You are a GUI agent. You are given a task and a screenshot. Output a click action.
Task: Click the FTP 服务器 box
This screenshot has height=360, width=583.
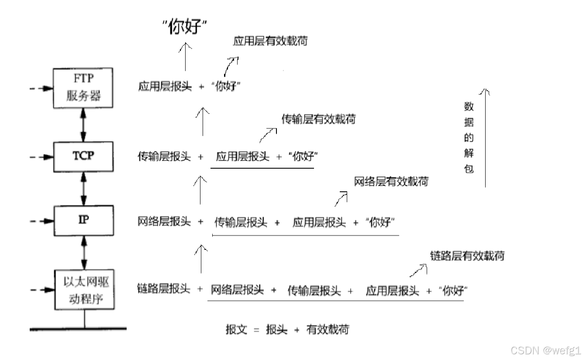pos(83,88)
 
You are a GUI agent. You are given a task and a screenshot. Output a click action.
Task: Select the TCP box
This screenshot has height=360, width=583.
pos(83,156)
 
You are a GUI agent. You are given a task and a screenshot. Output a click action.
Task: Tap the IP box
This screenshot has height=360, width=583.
pos(83,220)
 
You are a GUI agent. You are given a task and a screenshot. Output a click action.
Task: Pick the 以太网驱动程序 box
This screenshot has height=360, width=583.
pos(84,290)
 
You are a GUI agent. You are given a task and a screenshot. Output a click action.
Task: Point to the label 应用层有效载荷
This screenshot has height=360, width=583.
pos(270,41)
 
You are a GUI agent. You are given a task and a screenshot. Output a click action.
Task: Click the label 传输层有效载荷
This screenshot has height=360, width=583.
pos(318,119)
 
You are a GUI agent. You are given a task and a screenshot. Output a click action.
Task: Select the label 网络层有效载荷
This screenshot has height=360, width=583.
pos(391,181)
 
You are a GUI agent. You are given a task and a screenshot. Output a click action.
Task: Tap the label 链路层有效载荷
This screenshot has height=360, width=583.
pos(467,256)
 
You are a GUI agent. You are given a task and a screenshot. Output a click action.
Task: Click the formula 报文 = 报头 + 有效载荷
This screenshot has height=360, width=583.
pos(287,330)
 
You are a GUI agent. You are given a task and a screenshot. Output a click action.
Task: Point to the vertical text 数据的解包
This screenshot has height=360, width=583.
pos(469,138)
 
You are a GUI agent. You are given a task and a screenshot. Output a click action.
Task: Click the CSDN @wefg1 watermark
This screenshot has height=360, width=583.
pos(545,350)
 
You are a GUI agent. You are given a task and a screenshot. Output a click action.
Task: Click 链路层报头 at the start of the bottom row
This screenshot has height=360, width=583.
pos(164,289)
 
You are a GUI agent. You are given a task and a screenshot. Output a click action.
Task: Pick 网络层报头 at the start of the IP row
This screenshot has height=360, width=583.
pos(164,222)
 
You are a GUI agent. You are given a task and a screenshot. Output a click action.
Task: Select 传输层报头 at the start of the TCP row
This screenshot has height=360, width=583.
pos(164,156)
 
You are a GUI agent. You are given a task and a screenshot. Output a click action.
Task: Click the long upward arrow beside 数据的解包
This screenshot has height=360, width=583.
pos(485,138)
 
